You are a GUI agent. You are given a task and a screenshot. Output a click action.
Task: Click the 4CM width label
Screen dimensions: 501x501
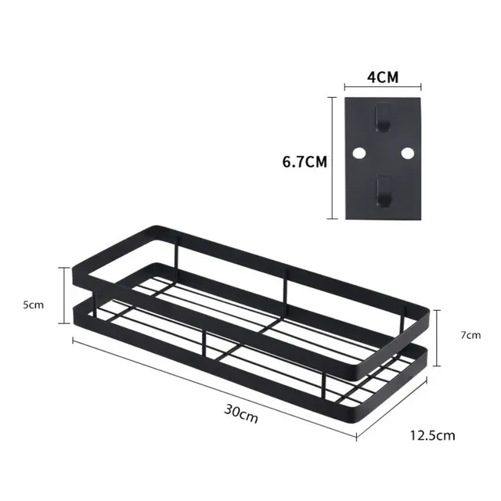(x=381, y=78)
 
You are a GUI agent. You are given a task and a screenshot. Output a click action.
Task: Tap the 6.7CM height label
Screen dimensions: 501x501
(x=305, y=162)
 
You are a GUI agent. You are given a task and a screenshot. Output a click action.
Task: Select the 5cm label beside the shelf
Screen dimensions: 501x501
(x=34, y=305)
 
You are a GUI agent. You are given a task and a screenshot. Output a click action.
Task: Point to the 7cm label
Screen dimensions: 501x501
(x=470, y=335)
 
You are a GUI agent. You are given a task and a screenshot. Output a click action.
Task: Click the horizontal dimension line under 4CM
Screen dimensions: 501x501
(x=382, y=89)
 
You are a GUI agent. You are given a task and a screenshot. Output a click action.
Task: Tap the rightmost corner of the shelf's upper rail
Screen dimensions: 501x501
(x=427, y=309)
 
